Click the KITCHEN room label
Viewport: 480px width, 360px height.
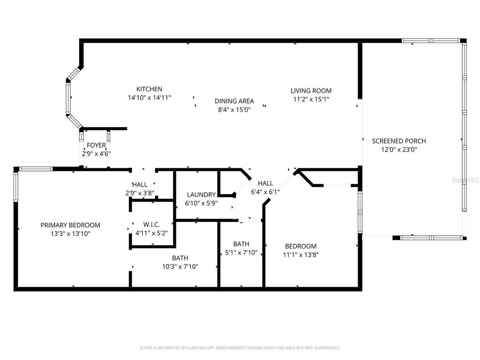(149, 89)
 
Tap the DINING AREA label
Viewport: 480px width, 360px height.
(234, 101)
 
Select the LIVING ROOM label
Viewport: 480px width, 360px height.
(311, 91)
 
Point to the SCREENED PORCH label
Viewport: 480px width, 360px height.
(399, 141)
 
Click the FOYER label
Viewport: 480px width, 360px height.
(96, 145)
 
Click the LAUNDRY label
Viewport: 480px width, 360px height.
(201, 195)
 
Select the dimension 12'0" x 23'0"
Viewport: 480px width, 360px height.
(399, 150)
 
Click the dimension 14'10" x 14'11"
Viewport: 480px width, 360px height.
(149, 98)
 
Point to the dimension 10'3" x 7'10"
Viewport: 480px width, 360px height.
(180, 267)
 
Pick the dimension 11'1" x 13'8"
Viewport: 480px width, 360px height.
(301, 255)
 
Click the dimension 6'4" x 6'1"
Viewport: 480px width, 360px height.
(265, 192)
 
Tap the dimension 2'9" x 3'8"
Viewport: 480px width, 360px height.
(140, 193)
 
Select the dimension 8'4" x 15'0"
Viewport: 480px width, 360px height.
(234, 110)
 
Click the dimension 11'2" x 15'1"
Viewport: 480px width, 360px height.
(311, 99)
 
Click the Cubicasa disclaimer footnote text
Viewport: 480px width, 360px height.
(240, 348)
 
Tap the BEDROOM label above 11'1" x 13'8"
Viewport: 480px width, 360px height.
(301, 246)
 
